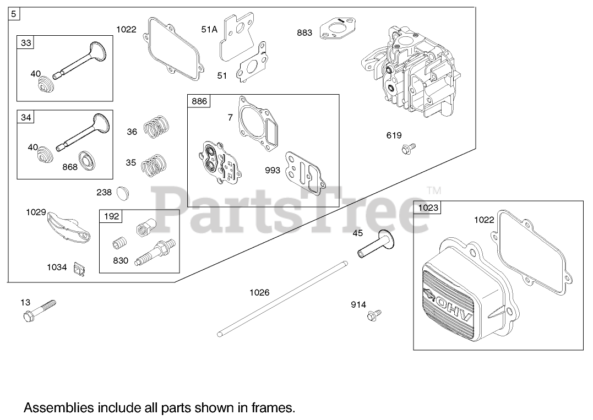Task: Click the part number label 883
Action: tap(304, 32)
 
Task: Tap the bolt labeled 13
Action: tap(40, 310)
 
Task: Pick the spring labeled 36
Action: tap(156, 127)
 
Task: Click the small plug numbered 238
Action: tap(122, 193)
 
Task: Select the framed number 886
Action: tap(199, 101)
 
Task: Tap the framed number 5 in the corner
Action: tap(14, 14)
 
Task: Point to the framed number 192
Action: tap(111, 216)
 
